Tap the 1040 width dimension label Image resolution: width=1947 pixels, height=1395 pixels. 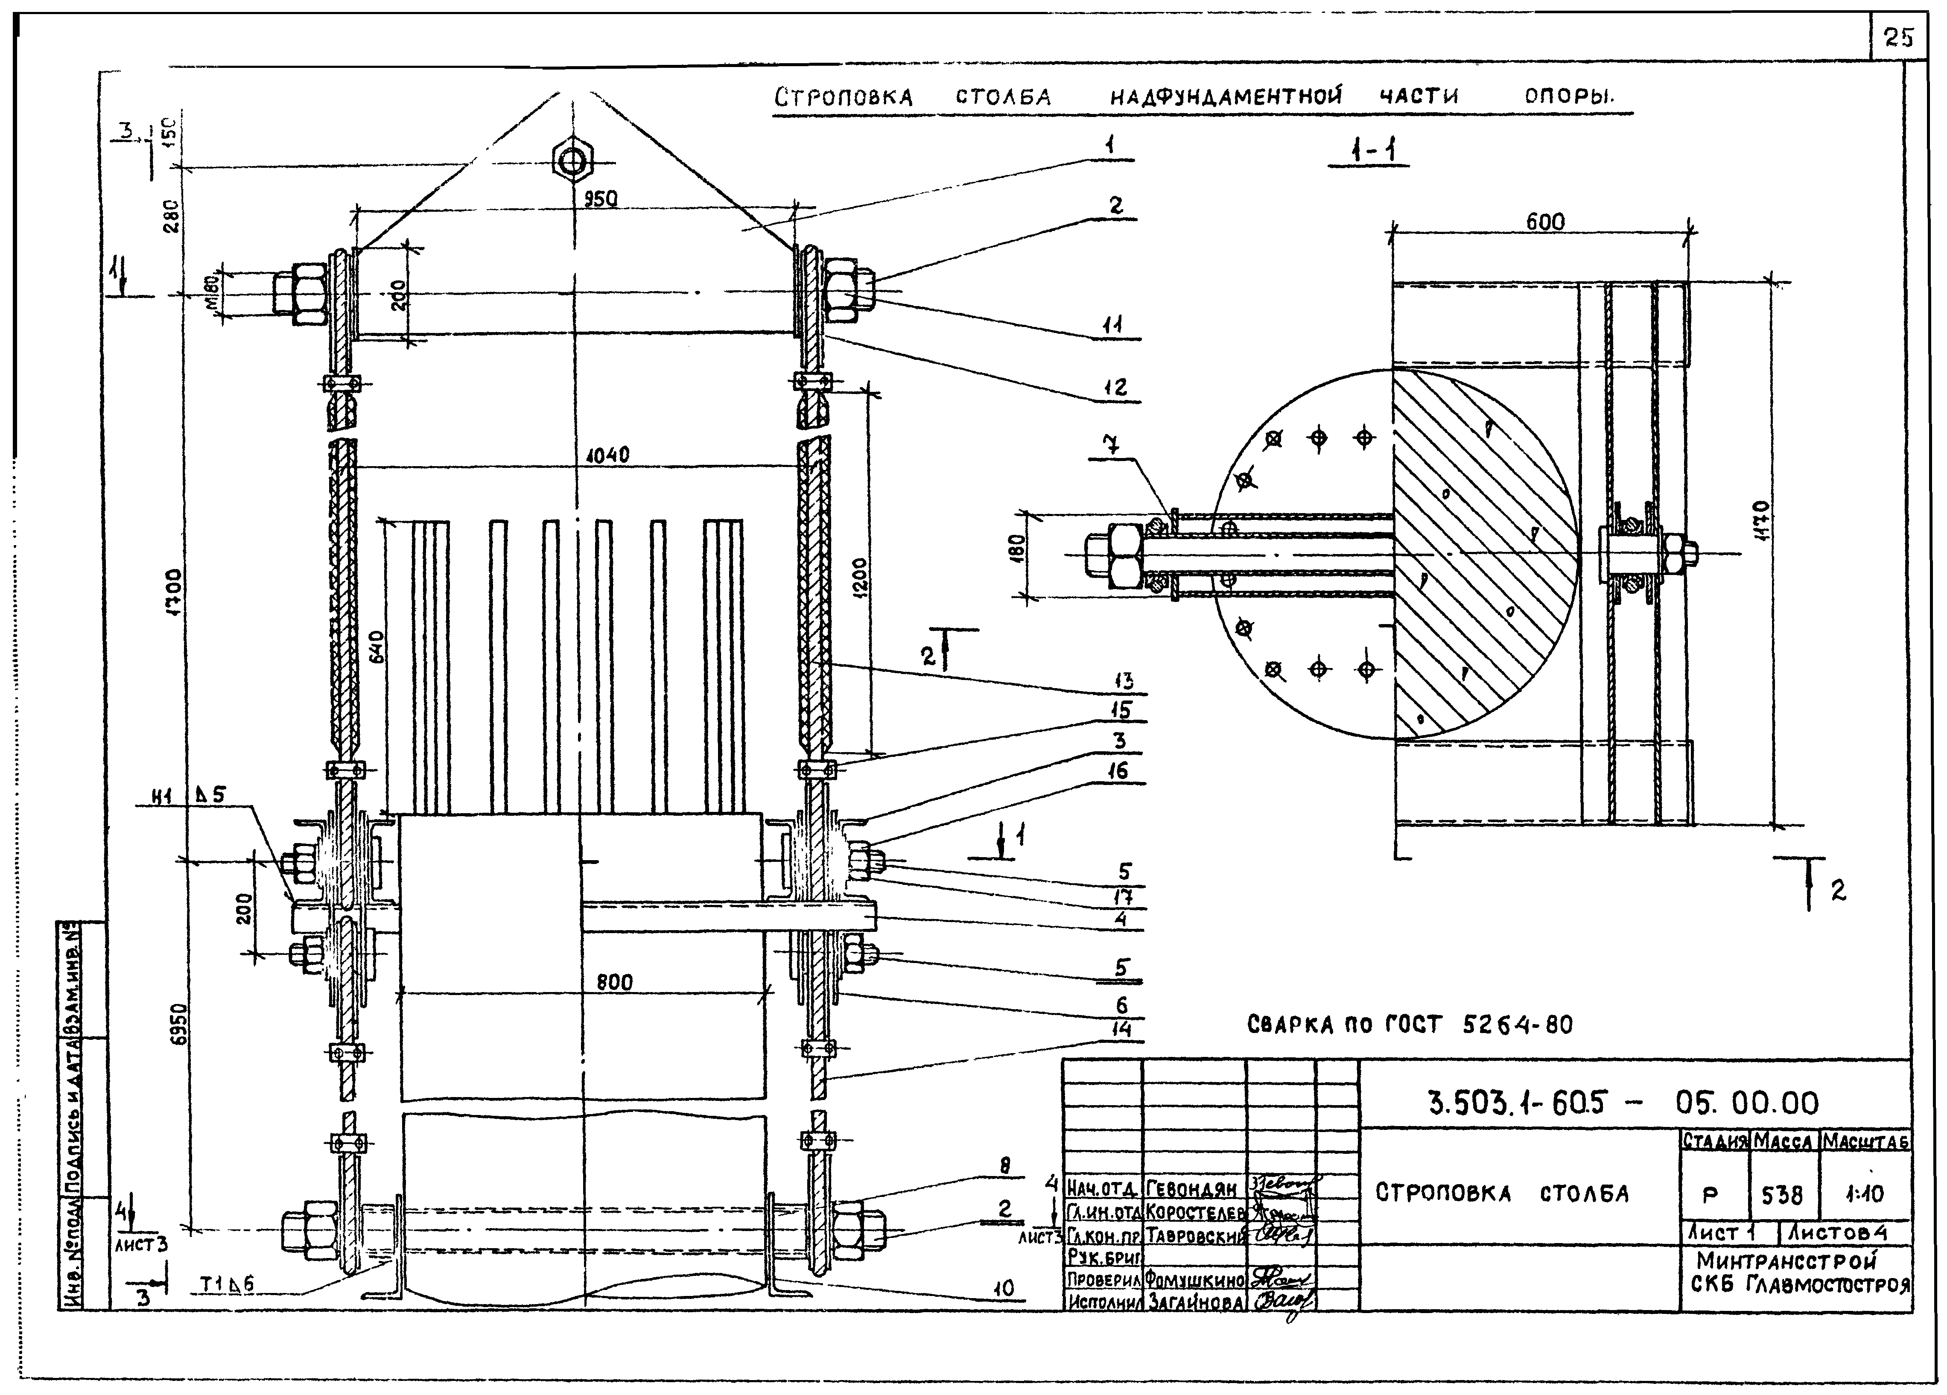608,455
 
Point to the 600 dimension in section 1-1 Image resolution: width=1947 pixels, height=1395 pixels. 1545,222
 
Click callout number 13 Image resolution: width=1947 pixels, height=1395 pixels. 1123,682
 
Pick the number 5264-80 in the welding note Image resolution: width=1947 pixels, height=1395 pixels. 1518,1024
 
